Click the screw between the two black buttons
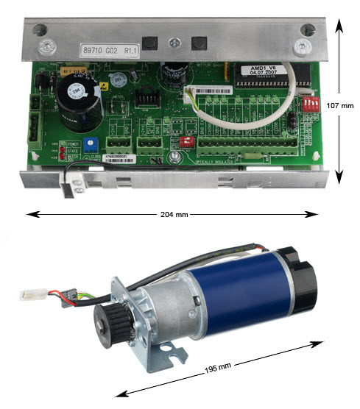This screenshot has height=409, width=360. point(172,42)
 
